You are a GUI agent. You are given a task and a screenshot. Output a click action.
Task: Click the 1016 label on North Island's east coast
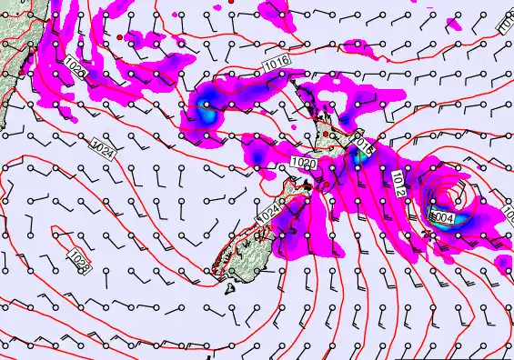pyautogui.click(x=362, y=144)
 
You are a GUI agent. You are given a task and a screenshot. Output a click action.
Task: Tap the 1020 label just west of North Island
pyautogui.click(x=304, y=162)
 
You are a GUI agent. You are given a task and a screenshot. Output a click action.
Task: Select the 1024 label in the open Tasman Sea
pyautogui.click(x=103, y=148)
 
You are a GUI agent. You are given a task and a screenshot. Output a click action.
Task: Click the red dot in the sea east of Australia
pyautogui.click(x=119, y=37)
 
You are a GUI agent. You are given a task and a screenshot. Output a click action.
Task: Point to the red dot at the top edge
pyautogui.click(x=231, y=3)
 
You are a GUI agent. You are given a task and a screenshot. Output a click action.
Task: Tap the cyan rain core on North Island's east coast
pyautogui.click(x=361, y=156)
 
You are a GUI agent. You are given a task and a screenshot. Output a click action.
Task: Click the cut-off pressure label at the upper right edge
pyautogui.click(x=507, y=27)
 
